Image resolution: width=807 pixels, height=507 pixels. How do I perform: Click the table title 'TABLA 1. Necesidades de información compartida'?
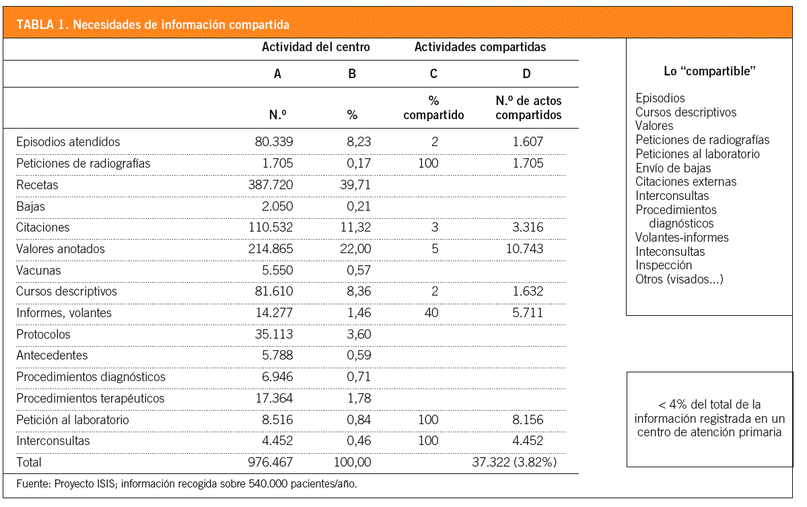(153, 25)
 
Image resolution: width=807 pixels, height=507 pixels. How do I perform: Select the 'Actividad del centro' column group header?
(316, 47)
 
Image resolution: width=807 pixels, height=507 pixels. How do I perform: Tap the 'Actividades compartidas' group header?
(480, 47)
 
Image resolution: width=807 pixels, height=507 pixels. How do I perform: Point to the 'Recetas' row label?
(37, 184)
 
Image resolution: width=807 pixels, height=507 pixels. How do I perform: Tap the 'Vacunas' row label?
(38, 270)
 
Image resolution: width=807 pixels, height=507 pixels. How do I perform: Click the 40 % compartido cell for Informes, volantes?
(432, 313)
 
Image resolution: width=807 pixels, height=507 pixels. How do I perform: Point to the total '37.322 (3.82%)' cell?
(515, 463)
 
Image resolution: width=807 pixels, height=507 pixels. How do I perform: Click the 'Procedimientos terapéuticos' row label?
(90, 399)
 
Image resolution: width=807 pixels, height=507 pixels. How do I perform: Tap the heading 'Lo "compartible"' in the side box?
(709, 71)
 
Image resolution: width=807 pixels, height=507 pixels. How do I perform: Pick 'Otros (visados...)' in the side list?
(679, 279)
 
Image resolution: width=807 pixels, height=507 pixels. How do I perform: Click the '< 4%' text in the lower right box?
(668, 405)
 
